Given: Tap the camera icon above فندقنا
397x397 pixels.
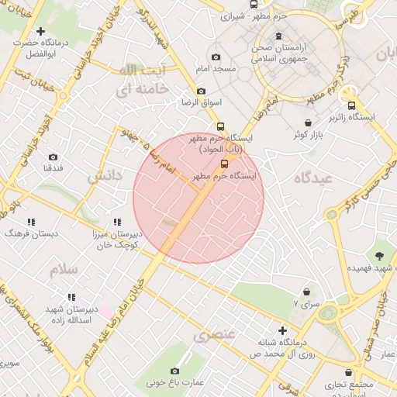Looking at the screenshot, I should (x=53, y=157).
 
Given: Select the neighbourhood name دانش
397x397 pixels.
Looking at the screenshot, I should (x=105, y=177).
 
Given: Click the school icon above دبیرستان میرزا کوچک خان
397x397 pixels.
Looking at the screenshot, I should (x=116, y=223).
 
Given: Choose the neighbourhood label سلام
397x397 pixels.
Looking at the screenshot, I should (x=64, y=270).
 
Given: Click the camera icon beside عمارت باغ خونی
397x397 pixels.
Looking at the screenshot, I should (x=174, y=371).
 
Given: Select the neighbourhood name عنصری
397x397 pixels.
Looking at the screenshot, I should (x=213, y=336).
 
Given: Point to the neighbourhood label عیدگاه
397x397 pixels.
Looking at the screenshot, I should (x=313, y=178).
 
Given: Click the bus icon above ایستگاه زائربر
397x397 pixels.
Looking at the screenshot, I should (x=352, y=106).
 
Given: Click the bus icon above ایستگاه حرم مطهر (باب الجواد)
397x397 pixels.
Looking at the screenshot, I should (x=221, y=126).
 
